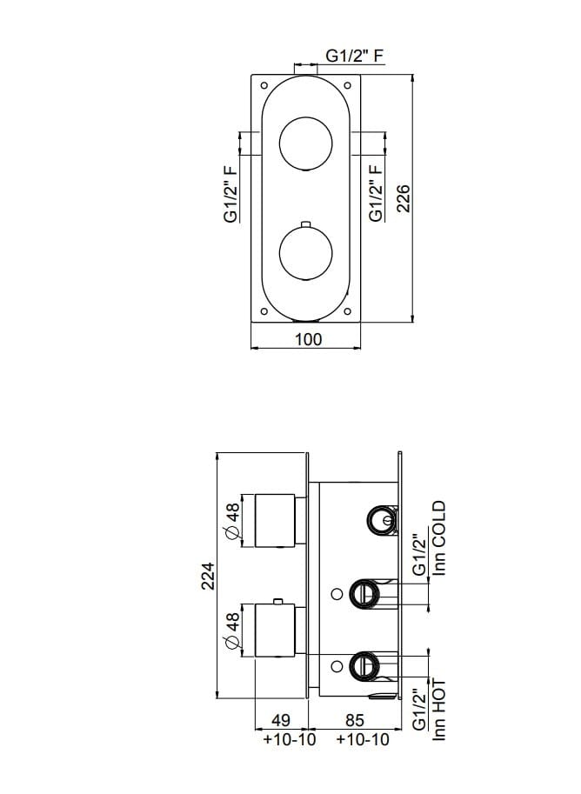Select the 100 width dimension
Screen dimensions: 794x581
point(308,339)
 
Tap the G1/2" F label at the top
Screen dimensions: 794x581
point(355,57)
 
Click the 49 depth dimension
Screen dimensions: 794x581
point(280,721)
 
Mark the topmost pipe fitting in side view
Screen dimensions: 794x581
point(380,520)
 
